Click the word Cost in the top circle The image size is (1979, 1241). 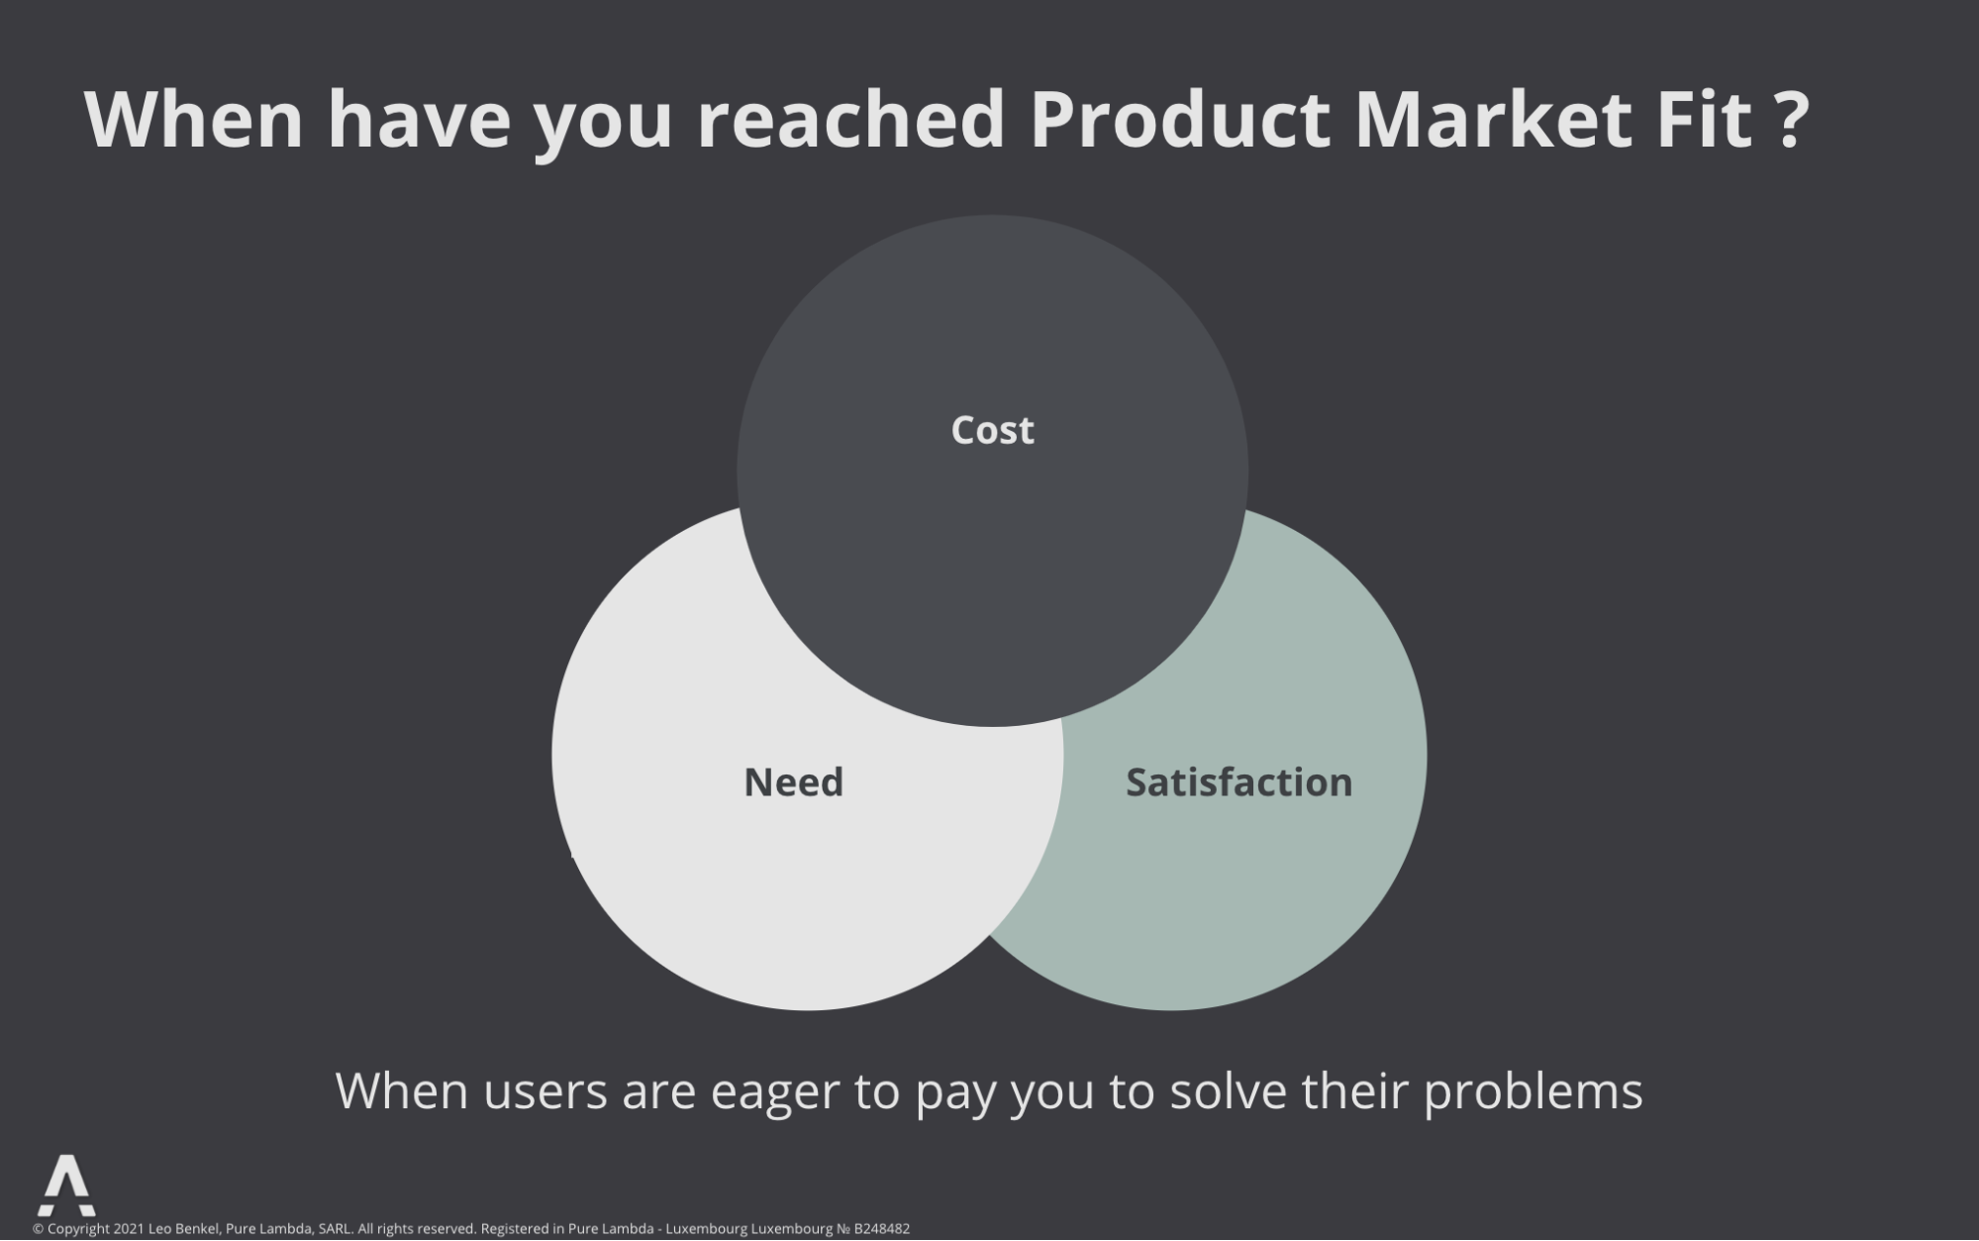(992, 430)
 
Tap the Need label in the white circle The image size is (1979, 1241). (793, 782)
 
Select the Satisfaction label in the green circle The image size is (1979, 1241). (1238, 782)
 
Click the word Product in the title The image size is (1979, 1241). (1179, 119)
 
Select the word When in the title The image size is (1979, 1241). (194, 119)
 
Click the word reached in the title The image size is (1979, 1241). (850, 119)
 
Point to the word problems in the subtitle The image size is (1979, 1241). (1534, 1091)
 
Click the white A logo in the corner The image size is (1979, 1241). (67, 1185)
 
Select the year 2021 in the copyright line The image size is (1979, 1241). (129, 1229)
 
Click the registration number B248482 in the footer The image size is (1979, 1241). (881, 1229)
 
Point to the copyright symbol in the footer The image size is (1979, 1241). (39, 1229)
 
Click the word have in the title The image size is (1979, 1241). (420, 119)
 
